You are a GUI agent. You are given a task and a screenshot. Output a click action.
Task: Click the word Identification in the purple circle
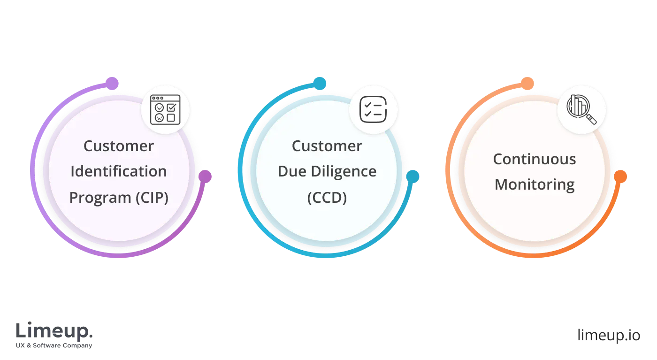click(x=118, y=172)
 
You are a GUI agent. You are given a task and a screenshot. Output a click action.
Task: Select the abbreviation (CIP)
click(x=152, y=198)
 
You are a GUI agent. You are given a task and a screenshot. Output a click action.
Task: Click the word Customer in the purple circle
click(x=118, y=146)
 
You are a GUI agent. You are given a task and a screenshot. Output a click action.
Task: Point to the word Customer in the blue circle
click(x=327, y=146)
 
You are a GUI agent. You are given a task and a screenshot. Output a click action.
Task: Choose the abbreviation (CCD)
click(x=327, y=198)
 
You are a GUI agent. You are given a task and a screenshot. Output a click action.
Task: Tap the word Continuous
click(x=534, y=159)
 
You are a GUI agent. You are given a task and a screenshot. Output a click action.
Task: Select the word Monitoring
click(x=534, y=184)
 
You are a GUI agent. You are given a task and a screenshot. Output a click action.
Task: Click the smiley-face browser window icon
click(x=165, y=109)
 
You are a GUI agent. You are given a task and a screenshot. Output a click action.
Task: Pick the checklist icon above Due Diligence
click(x=373, y=109)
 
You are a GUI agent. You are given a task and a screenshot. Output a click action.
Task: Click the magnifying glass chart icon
click(x=581, y=109)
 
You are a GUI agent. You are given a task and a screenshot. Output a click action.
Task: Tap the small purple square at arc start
click(x=113, y=83)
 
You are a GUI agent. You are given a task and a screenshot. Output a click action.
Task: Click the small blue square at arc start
click(x=320, y=83)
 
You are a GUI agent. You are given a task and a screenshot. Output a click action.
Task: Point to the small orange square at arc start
click(x=527, y=83)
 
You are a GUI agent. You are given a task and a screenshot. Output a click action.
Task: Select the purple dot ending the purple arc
click(x=205, y=176)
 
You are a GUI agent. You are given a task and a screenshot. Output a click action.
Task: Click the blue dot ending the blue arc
click(x=413, y=176)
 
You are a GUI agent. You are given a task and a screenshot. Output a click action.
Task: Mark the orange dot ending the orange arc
click(x=620, y=176)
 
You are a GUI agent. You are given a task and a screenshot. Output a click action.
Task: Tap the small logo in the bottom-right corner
click(x=609, y=336)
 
